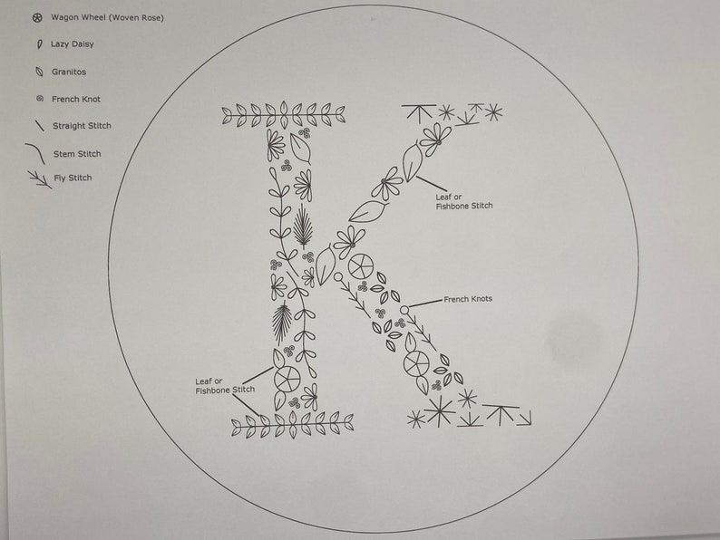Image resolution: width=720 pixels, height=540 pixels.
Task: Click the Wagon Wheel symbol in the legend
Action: pyautogui.click(x=37, y=17)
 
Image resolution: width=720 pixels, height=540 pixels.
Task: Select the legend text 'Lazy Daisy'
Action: pyautogui.click(x=73, y=43)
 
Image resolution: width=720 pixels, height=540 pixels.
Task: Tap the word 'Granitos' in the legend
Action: pyautogui.click(x=69, y=72)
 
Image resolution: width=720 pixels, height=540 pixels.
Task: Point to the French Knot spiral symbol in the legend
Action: pyautogui.click(x=38, y=99)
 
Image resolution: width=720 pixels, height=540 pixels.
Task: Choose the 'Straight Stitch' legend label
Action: pyautogui.click(x=82, y=126)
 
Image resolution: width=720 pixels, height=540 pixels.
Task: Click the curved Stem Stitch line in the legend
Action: pyautogui.click(x=36, y=153)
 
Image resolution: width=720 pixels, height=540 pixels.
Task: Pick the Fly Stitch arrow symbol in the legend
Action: pyautogui.click(x=40, y=178)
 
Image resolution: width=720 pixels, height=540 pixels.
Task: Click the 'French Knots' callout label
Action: pyautogui.click(x=468, y=299)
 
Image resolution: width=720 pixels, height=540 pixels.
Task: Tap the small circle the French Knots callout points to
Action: pyautogui.click(x=404, y=310)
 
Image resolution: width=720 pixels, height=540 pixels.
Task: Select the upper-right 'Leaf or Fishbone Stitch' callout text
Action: pyautogui.click(x=463, y=201)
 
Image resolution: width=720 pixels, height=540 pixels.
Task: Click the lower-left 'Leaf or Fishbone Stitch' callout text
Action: pyautogui.click(x=225, y=385)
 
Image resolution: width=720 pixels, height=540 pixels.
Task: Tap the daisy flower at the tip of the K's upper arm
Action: pyautogui.click(x=435, y=139)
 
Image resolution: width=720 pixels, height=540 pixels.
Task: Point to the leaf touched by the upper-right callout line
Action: pyautogui.click(x=413, y=164)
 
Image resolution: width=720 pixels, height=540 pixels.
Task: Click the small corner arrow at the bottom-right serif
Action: pyautogui.click(x=523, y=418)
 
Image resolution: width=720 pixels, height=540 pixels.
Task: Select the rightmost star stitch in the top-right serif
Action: pyautogui.click(x=492, y=112)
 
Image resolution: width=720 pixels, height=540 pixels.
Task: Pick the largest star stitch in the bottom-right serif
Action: pyautogui.click(x=439, y=411)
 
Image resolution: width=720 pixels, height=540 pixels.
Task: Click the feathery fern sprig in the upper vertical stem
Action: pyautogui.click(x=303, y=226)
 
